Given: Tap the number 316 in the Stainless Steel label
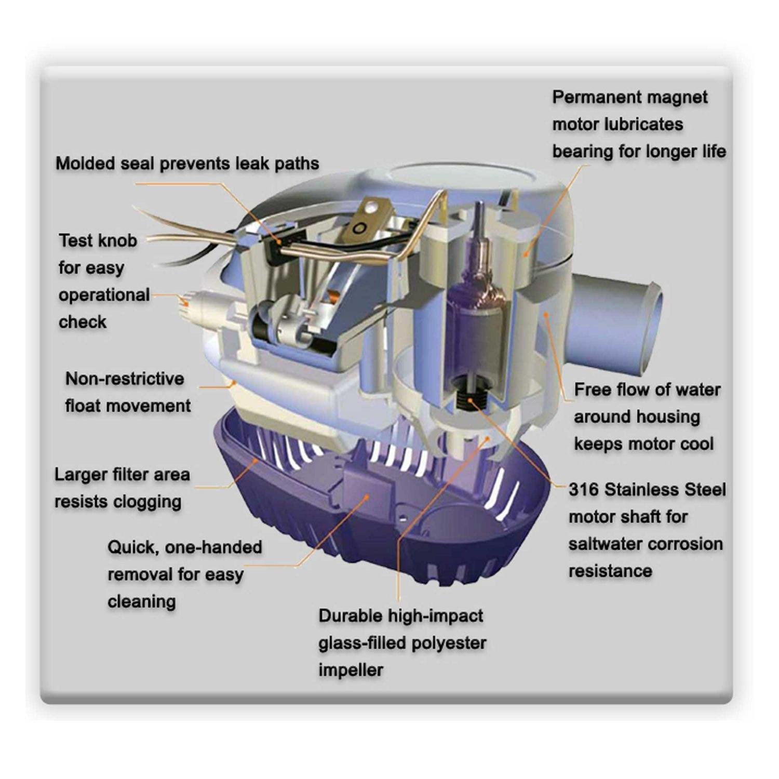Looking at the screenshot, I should pos(584,489).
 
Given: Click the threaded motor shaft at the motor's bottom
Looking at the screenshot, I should pos(470,400).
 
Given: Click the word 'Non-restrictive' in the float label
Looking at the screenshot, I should pos(125,379).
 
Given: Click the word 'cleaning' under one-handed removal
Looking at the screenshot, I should pos(141,601).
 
